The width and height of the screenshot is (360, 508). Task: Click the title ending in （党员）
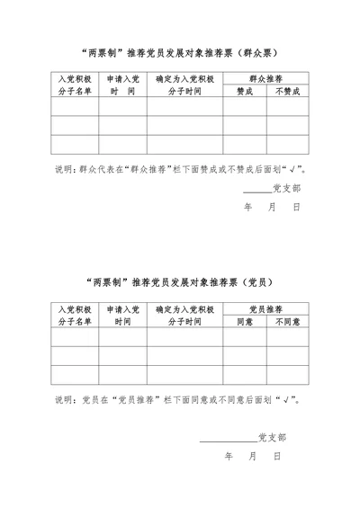pyautogui.click(x=180, y=281)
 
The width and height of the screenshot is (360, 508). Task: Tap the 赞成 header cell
pyautogui.click(x=245, y=91)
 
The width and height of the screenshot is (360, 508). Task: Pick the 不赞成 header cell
pyautogui.click(x=287, y=91)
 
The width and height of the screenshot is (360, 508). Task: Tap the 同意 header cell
pyautogui.click(x=245, y=321)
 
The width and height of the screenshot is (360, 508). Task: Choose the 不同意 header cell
pyautogui.click(x=287, y=321)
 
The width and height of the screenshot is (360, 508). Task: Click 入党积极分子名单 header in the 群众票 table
pyautogui.click(x=75, y=85)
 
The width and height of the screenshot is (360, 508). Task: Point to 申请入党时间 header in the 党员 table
pyautogui.click(x=122, y=315)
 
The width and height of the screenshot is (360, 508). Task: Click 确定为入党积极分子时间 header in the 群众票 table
pyautogui.click(x=184, y=85)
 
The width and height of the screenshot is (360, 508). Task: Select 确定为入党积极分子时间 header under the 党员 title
pyautogui.click(x=184, y=315)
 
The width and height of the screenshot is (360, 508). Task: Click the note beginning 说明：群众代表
pyautogui.click(x=180, y=168)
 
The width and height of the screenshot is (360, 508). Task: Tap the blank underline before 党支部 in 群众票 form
pyautogui.click(x=256, y=191)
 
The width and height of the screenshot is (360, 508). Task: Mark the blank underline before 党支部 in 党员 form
pyautogui.click(x=228, y=438)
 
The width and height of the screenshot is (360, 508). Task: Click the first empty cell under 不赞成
pyautogui.click(x=287, y=106)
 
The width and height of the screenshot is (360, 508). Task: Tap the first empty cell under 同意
pyautogui.click(x=245, y=336)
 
